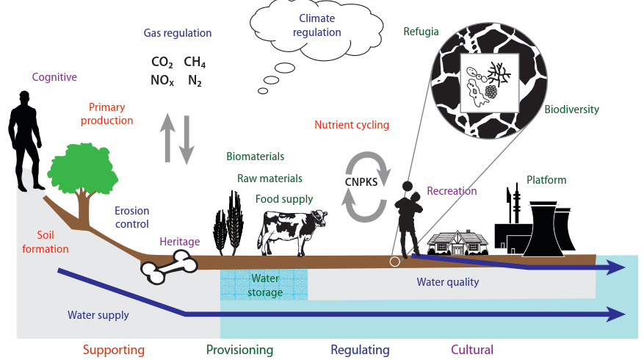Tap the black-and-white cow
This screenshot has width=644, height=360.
pos(289,228)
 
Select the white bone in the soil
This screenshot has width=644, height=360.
pos(169,268)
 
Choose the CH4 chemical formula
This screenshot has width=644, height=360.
pos(195,62)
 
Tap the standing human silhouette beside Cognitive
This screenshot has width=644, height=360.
pos(26,140)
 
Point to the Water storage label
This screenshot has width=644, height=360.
pos(265,286)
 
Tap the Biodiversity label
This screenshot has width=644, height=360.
pos(571,109)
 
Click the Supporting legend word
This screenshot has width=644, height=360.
pos(113,350)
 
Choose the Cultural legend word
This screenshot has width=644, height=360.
pos(471,350)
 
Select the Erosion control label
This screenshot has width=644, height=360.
pos(131,217)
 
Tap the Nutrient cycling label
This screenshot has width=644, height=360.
pos(351,125)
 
